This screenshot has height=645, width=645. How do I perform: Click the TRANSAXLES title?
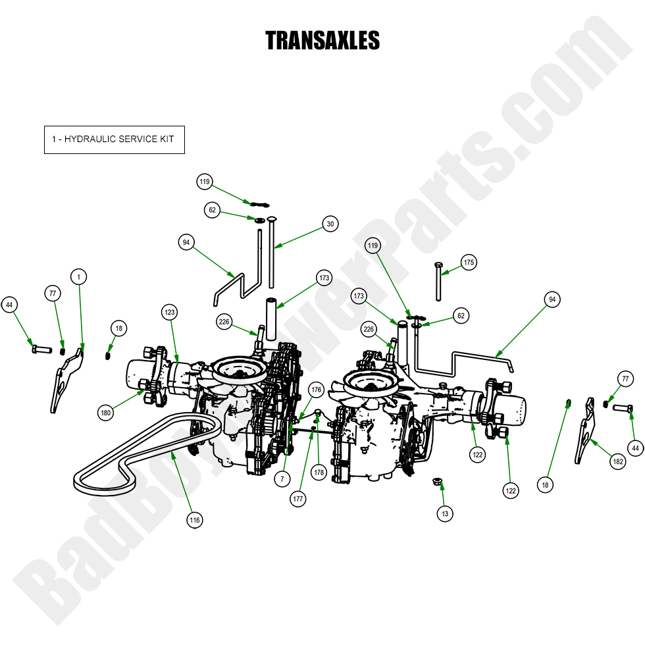(322, 41)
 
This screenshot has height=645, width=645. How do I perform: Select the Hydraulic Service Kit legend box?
(115, 140)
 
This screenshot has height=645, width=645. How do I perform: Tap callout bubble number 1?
(78, 277)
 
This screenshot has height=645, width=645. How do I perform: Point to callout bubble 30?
(330, 224)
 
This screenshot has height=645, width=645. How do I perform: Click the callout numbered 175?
(468, 262)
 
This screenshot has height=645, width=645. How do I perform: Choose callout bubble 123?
(170, 311)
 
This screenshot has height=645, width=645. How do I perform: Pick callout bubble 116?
(194, 520)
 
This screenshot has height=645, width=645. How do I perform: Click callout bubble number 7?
(282, 478)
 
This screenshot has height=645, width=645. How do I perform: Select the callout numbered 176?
(316, 390)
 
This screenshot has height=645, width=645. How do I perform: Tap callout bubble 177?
(298, 500)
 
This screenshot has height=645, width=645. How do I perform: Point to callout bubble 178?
(319, 473)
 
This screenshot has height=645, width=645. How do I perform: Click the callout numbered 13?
(446, 514)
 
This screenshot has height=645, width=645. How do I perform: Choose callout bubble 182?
(618, 462)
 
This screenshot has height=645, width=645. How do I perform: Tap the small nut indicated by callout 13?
(436, 482)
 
